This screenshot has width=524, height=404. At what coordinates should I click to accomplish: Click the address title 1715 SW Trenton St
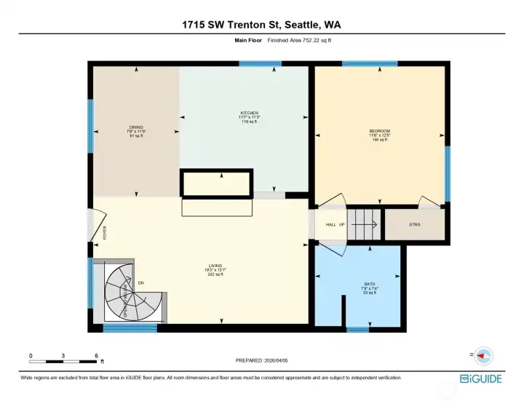point(261,25)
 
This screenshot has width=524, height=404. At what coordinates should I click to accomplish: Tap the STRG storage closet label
point(415,225)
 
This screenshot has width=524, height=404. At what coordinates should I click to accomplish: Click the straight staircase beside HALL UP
point(363,224)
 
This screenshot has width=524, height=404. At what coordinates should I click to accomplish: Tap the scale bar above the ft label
point(63,360)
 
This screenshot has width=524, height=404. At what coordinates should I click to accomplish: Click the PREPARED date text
point(261,360)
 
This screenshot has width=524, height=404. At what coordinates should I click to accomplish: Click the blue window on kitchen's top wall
point(260,64)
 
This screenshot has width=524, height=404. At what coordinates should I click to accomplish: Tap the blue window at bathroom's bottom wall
point(357,330)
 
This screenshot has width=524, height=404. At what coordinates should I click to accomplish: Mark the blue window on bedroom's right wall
point(448,163)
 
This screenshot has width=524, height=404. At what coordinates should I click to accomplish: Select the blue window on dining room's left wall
point(91,126)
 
